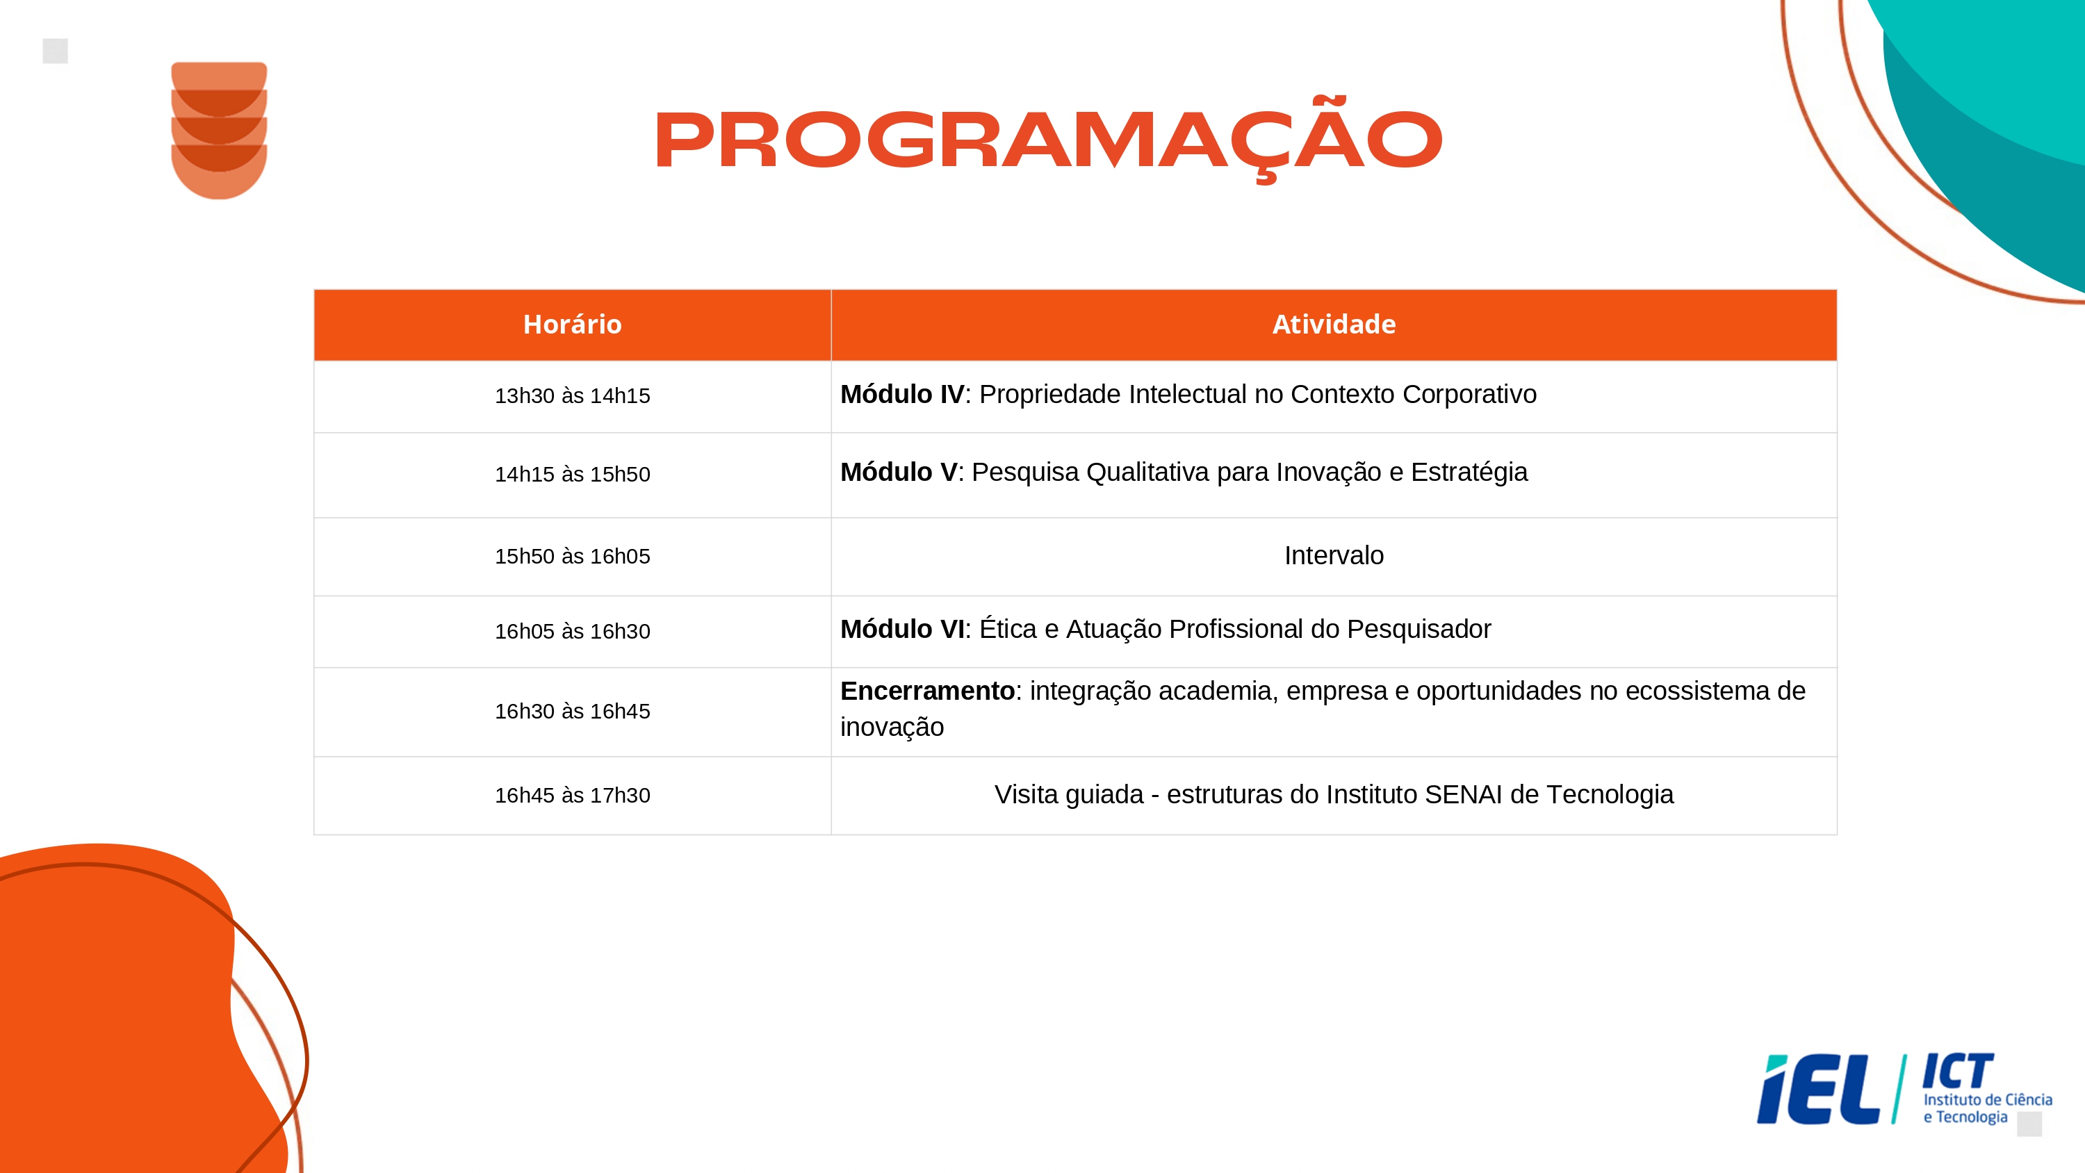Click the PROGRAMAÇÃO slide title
(1048, 139)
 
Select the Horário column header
(572, 324)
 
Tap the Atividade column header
(1334, 324)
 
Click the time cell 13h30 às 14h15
(572, 396)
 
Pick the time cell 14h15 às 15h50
(572, 475)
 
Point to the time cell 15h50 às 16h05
(572, 556)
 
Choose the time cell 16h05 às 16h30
(572, 632)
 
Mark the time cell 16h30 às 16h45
(572, 712)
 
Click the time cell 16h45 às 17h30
(572, 796)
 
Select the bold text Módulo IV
(901, 394)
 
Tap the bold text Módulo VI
(901, 629)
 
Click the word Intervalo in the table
(1334, 555)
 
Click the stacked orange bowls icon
(220, 131)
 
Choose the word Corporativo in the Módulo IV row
(1469, 394)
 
